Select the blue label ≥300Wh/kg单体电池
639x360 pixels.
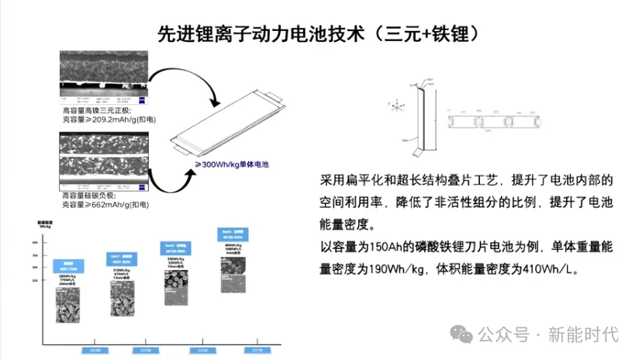click(232, 164)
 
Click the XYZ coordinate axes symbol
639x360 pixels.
click(395, 106)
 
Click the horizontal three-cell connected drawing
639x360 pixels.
click(496, 120)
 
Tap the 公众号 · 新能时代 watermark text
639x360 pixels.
click(547, 334)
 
